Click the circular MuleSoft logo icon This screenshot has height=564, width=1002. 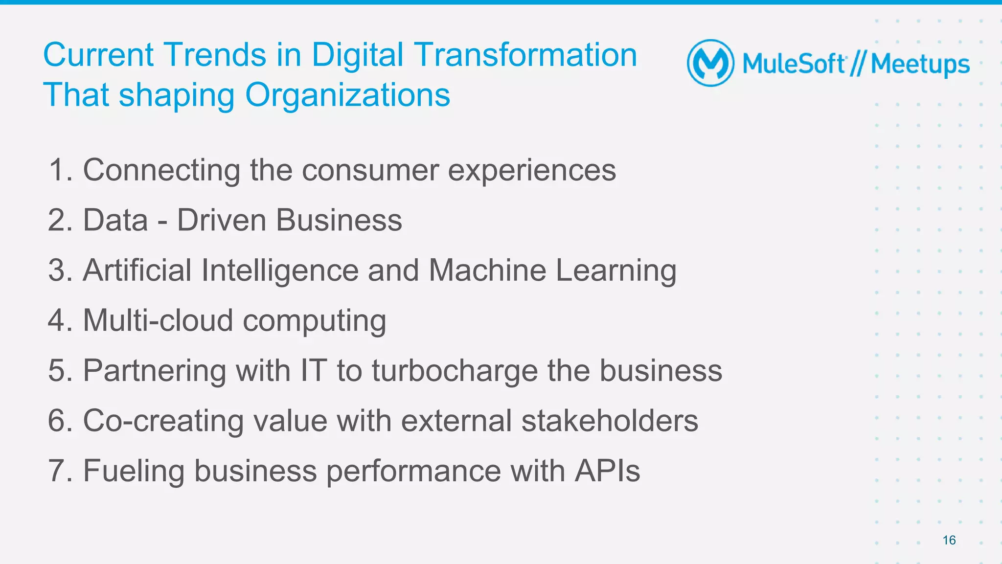tap(710, 63)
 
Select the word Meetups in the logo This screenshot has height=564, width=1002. tap(920, 65)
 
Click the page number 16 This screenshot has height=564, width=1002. tap(949, 540)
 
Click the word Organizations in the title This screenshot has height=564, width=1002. tap(347, 95)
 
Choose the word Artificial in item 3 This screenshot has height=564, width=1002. tap(137, 270)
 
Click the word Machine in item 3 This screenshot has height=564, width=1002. tap(487, 270)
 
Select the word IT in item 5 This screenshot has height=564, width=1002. tap(313, 370)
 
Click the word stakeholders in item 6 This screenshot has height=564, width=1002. tap(610, 421)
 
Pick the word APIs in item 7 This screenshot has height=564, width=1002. tap(607, 471)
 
